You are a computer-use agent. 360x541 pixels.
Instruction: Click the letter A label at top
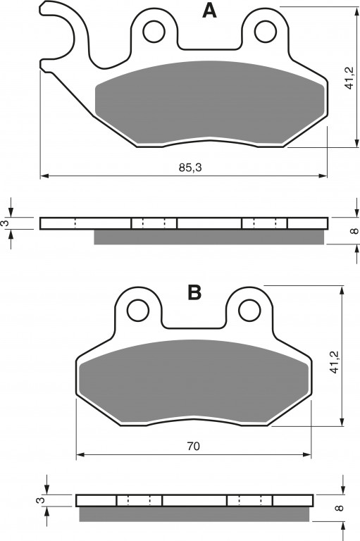209,11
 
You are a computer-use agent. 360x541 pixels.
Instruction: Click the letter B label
194,292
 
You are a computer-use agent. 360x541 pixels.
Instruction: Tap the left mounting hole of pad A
154,32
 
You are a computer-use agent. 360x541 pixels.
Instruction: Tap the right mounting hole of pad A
266,32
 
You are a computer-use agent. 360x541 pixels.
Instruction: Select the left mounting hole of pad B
138,311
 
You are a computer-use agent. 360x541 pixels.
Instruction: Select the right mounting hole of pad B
249,311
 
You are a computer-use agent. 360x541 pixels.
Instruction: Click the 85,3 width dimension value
190,168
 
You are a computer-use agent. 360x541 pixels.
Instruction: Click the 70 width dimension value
193,446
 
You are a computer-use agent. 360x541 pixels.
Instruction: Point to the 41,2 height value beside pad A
349,77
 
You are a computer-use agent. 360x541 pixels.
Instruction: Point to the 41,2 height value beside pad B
334,361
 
